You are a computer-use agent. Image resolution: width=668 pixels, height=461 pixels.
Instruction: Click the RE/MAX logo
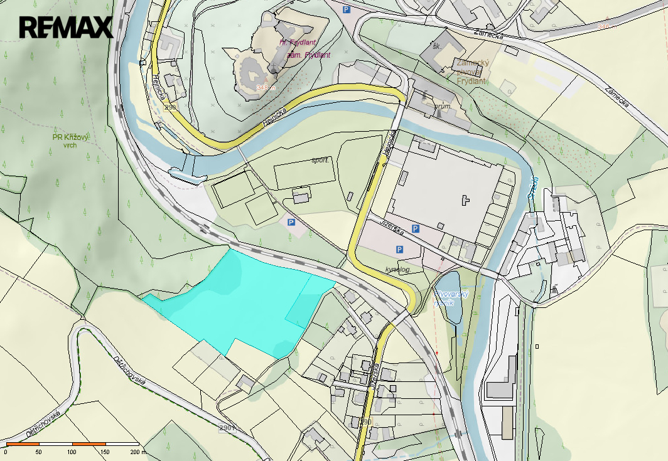[x=66, y=27]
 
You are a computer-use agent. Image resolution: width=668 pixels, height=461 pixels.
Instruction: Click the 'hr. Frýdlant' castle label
[x=298, y=43]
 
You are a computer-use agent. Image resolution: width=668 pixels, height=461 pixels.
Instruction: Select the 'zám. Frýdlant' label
[x=308, y=55]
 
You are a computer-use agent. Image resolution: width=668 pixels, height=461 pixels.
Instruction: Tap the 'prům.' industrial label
[x=443, y=107]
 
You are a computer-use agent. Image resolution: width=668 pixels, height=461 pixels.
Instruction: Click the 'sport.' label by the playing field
[x=320, y=160]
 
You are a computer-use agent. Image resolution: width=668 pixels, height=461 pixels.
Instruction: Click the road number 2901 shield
[x=227, y=428]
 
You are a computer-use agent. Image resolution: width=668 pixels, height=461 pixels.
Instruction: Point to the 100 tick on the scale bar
[x=72, y=452]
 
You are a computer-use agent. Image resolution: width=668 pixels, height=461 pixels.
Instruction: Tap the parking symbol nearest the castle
[x=346, y=9]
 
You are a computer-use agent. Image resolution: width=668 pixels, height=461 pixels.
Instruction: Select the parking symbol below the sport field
[x=291, y=222]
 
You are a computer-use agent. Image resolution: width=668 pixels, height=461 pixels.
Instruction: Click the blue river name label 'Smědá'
[x=534, y=186]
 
